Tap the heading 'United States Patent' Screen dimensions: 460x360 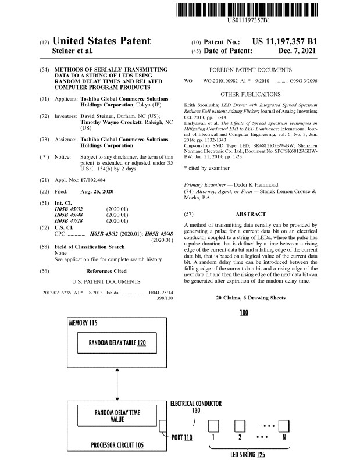pos(101,41)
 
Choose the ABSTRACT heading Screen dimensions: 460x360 pos(250,213)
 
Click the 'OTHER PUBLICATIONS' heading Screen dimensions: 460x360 pos(250,94)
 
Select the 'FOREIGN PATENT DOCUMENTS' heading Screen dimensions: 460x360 pos(250,69)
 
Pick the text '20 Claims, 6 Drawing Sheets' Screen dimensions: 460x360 pos(250,297)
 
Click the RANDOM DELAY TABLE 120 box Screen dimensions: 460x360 pos(117,343)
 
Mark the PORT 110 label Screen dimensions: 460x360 pos(180,436)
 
